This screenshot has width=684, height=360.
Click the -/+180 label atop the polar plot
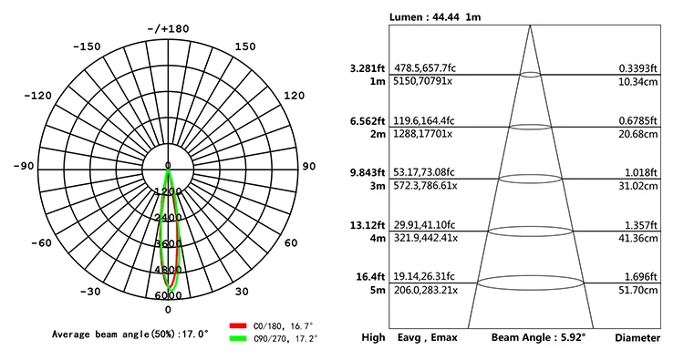(x=169, y=29)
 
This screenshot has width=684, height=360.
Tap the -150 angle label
(x=87, y=46)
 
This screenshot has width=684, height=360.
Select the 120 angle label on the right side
(x=294, y=96)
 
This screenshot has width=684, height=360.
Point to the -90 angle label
(x=24, y=166)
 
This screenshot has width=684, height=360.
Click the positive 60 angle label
(x=291, y=242)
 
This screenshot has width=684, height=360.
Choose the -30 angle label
(x=90, y=291)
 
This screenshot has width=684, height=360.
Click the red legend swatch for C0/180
(x=238, y=325)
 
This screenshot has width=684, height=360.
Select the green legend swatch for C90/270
(x=238, y=338)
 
